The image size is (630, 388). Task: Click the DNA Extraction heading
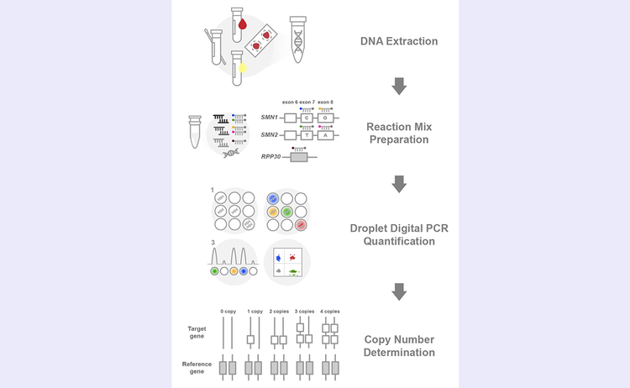tap(399, 41)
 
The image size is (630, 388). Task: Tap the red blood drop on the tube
tap(242, 24)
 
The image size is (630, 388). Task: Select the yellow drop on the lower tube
tap(242, 67)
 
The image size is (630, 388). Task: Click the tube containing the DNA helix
tap(297, 39)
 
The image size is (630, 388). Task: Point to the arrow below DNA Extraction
tap(399, 86)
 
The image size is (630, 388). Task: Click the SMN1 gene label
tap(269, 118)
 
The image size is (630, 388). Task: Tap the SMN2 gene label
tap(269, 134)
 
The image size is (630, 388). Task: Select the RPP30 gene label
tap(270, 156)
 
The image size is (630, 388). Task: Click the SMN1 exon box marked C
tap(307, 118)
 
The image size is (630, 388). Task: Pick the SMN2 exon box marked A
tap(325, 135)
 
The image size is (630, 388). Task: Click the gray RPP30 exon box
tap(299, 157)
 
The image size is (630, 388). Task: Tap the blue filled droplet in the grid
tap(273, 198)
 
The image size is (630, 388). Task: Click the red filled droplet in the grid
tap(301, 225)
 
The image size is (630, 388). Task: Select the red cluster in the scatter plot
tap(292, 257)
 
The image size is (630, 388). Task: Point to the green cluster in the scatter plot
tap(294, 272)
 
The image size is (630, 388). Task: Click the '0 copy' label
tap(228, 312)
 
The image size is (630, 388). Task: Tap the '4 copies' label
tap(330, 312)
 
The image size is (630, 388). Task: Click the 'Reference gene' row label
tap(197, 368)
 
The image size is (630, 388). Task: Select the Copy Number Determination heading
tap(399, 346)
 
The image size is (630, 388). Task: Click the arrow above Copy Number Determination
tap(399, 291)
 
